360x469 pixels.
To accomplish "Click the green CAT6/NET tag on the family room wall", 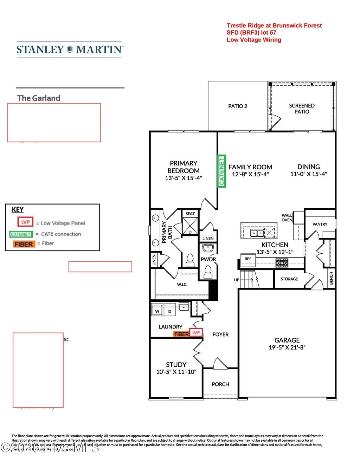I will click(x=221, y=171).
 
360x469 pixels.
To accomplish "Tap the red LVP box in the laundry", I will click(x=196, y=332).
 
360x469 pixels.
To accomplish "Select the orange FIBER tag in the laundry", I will click(x=181, y=334).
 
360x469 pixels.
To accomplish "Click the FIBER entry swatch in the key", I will click(x=24, y=244).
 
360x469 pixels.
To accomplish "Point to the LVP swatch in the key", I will click(x=25, y=222).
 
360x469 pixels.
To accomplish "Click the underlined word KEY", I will click(x=18, y=210).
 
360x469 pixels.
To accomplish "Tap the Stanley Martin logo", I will click(x=69, y=50).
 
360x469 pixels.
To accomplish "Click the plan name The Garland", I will click(x=39, y=98).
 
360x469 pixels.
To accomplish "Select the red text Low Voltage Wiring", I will click(x=253, y=40).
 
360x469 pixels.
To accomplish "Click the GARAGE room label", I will click(x=287, y=340).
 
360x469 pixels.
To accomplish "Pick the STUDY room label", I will click(x=176, y=365).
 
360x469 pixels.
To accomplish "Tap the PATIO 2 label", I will click(x=238, y=106).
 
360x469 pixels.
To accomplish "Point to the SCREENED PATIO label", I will click(x=302, y=109).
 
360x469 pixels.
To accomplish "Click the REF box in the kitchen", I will click(x=248, y=259).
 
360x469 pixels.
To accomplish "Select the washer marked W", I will click(x=157, y=311).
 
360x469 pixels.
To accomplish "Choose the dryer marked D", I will click(x=169, y=311).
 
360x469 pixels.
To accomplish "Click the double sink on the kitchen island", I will click(x=257, y=233).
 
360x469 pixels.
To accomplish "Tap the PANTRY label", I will click(x=320, y=224).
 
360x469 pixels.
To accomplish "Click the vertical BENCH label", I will click(x=331, y=278).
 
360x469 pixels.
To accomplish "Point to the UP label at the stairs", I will click(x=237, y=280).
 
